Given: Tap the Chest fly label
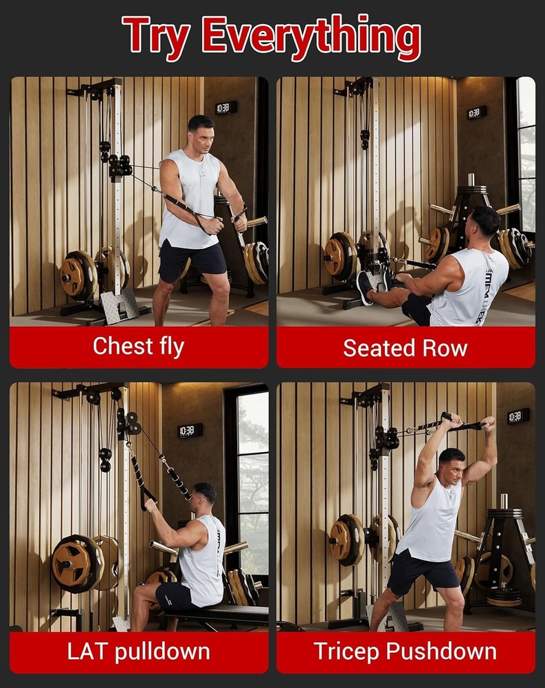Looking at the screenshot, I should [138, 347].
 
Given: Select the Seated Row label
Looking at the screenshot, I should [405, 347].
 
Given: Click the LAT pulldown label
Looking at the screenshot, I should [138, 652].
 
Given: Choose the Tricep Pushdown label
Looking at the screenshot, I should [405, 652].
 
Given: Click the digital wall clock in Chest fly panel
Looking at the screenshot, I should [225, 108].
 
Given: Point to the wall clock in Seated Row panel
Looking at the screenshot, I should [477, 112].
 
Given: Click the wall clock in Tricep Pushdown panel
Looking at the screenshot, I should [518, 416].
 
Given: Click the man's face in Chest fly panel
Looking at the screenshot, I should [201, 132].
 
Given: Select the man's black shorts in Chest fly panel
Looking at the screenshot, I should [192, 260].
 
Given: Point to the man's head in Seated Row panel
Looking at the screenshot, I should [487, 222].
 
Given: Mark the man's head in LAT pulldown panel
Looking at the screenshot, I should [204, 494].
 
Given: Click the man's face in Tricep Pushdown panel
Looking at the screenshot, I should [452, 464].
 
